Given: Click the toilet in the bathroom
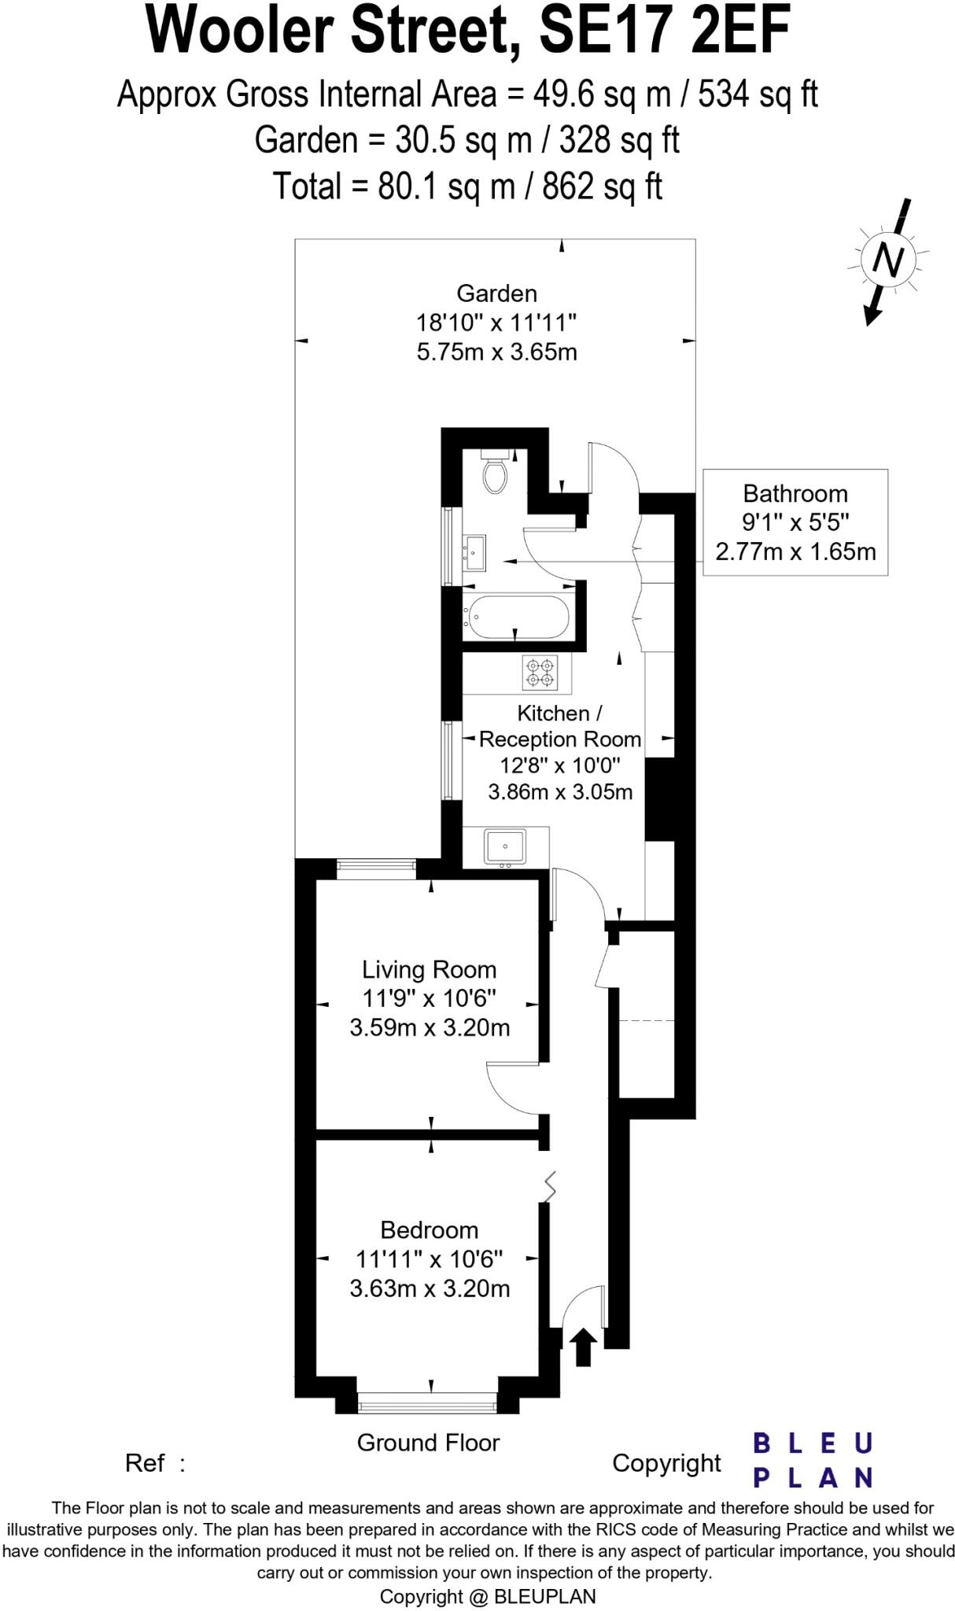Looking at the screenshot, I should [495, 473].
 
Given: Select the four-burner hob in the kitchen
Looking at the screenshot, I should [540, 673].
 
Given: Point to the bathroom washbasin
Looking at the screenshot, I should [474, 553].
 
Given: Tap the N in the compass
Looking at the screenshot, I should [888, 259].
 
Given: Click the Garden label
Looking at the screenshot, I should [496, 293].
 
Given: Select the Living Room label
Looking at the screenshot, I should [429, 969].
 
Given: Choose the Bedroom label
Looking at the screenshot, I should [429, 1229].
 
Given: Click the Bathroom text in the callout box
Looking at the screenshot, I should [795, 494].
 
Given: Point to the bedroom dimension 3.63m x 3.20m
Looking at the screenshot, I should [430, 1288].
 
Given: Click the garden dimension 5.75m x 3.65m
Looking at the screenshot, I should [496, 352].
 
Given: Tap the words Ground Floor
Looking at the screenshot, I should [428, 1443].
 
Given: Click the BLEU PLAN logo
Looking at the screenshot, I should [813, 1461].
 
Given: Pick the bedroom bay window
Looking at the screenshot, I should [428, 1403].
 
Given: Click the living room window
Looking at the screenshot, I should [376, 868].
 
